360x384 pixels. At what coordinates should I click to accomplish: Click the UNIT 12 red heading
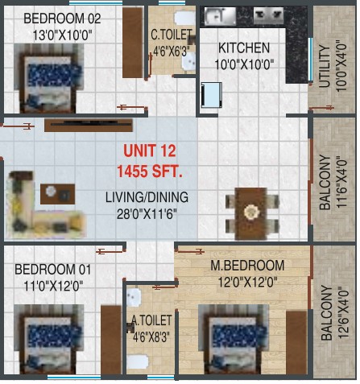point(150,151)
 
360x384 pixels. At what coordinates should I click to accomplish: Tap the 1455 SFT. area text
point(150,171)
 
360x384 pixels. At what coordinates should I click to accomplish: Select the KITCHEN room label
point(244,48)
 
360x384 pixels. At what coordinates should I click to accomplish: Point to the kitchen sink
point(220,16)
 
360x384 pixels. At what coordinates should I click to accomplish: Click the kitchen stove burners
point(268,15)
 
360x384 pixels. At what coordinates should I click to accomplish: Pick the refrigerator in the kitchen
point(212,95)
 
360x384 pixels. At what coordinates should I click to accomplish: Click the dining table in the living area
point(251,213)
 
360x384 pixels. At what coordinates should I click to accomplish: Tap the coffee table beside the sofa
point(57,194)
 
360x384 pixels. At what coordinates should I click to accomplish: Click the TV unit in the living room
point(89,126)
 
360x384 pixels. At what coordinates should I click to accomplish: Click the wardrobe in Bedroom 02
point(133,43)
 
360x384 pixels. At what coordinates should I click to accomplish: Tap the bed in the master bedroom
point(233,339)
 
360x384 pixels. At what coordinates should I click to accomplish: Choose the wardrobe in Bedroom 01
point(111,340)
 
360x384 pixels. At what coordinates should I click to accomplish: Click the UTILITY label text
point(325,66)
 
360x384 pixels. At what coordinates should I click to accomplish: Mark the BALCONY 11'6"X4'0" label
point(333,182)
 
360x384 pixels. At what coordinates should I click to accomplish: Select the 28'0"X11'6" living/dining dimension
point(147,214)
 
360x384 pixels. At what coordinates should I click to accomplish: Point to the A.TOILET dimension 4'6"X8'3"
point(151,337)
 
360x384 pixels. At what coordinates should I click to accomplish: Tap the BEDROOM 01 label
point(52,270)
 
